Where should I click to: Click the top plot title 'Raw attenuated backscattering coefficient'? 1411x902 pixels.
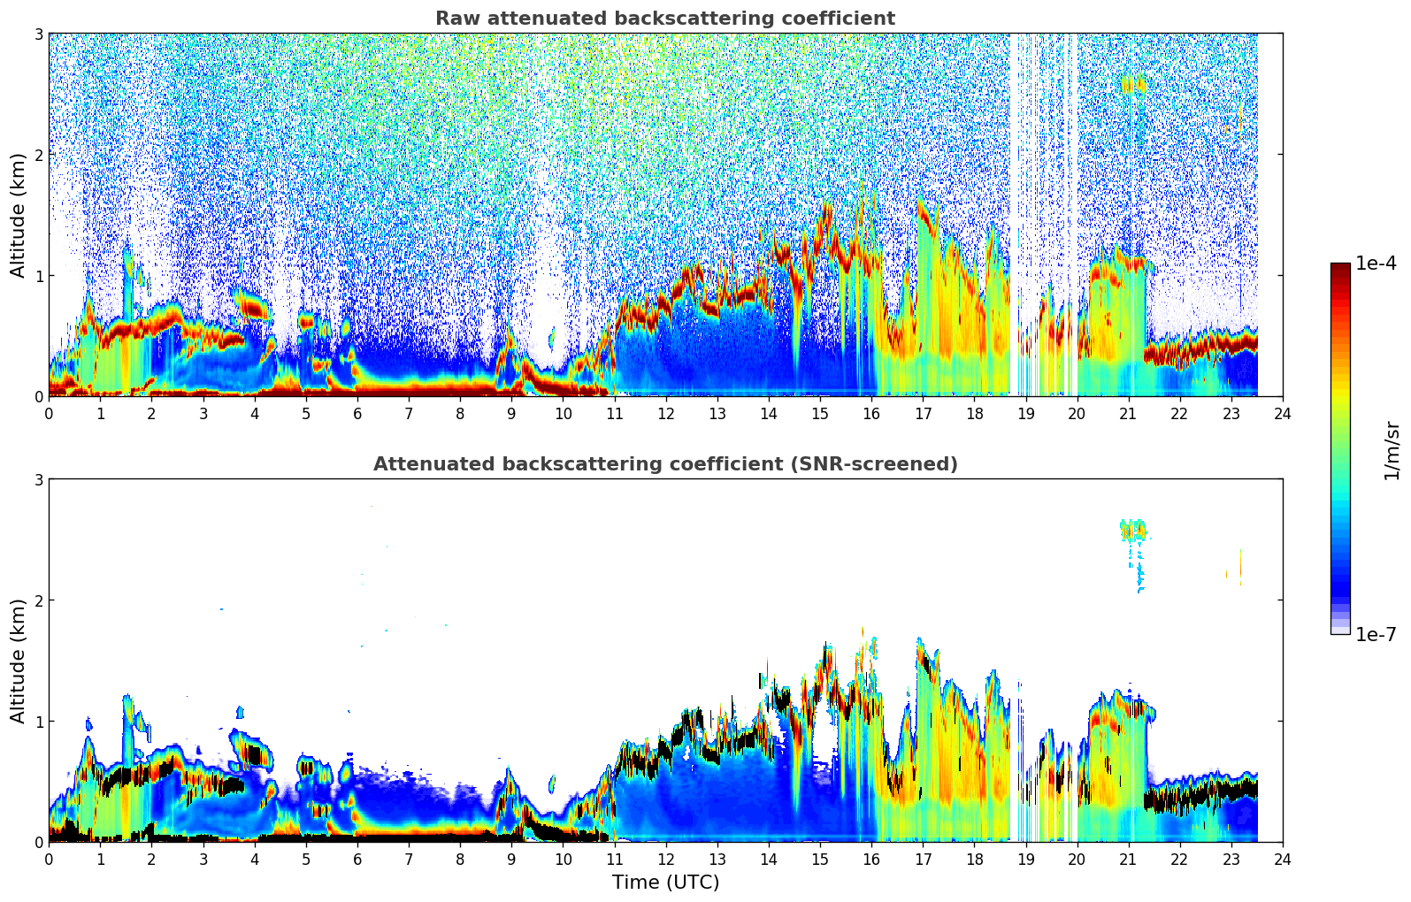pyautogui.click(x=664, y=19)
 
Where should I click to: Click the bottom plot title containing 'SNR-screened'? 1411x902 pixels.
pyautogui.click(x=664, y=464)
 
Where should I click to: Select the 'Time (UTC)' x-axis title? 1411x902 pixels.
pyautogui.click(x=665, y=883)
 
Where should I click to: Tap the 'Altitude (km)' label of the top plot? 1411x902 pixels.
pyautogui.click(x=18, y=215)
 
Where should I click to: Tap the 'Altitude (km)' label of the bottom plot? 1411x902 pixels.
pyautogui.click(x=18, y=661)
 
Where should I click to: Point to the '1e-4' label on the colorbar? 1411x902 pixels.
pyautogui.click(x=1376, y=264)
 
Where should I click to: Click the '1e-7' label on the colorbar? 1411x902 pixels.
pyautogui.click(x=1376, y=634)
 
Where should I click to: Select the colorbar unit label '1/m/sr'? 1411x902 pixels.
pyautogui.click(x=1392, y=451)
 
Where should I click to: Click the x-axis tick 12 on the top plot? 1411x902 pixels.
pyautogui.click(x=665, y=413)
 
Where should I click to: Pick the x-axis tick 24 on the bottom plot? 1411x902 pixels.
pyautogui.click(x=1282, y=859)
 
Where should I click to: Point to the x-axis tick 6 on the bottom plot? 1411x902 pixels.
pyautogui.click(x=357, y=859)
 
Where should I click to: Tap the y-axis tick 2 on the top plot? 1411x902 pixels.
pyautogui.click(x=38, y=155)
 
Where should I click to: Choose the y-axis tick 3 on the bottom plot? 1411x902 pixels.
pyautogui.click(x=38, y=479)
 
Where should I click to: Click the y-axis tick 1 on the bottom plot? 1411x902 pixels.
pyautogui.click(x=38, y=722)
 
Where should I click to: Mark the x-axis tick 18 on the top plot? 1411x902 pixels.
pyautogui.click(x=974, y=413)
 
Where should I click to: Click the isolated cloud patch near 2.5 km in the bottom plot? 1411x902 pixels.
pyautogui.click(x=1132, y=531)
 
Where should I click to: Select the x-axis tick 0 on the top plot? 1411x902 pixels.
pyautogui.click(x=49, y=413)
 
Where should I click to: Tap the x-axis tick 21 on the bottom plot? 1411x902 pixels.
pyautogui.click(x=1128, y=859)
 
